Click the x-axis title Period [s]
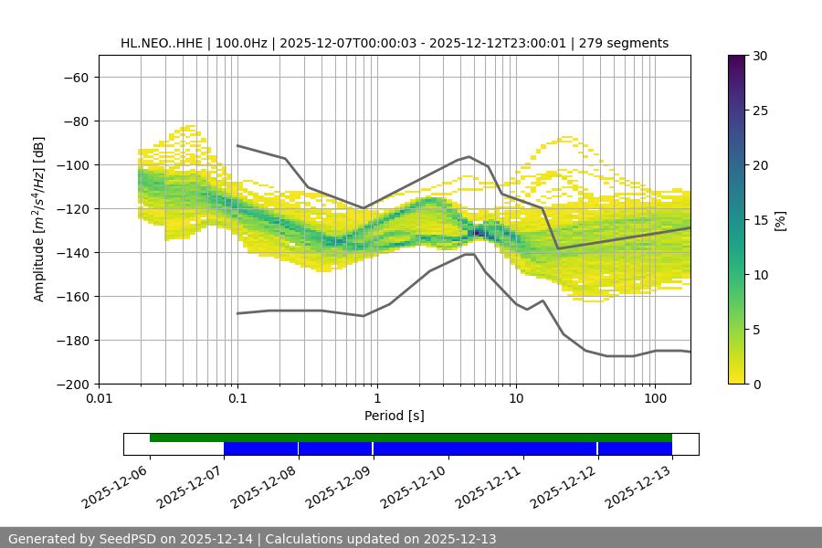click(395, 416)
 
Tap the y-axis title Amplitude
click(39, 218)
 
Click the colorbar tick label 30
click(760, 56)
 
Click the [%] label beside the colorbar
click(780, 220)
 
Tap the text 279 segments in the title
click(629, 43)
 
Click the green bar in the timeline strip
click(411, 437)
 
